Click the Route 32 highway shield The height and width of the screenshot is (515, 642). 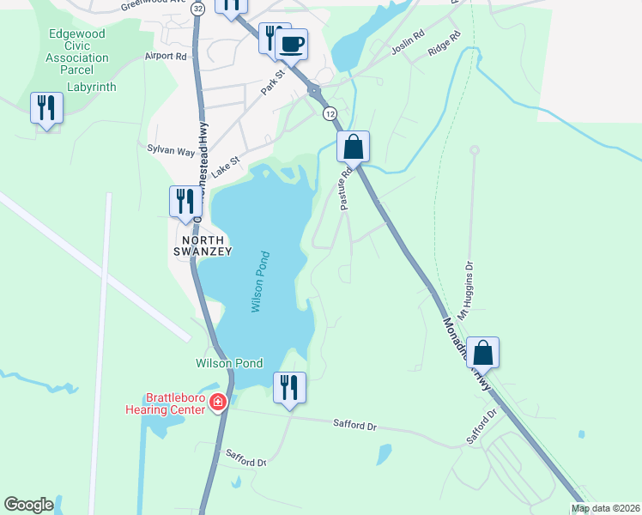tap(198, 8)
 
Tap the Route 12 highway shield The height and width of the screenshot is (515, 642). tap(329, 113)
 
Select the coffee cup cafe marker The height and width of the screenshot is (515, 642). tap(292, 44)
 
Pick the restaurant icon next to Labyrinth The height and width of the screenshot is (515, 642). tap(45, 107)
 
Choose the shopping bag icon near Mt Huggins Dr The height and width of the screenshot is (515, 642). tap(483, 352)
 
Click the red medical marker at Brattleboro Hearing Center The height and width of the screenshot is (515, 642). tap(218, 401)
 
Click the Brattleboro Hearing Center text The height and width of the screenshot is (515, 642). tap(176, 403)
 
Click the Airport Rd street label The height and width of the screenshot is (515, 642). tap(166, 57)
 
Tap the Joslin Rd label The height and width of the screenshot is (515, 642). tap(408, 45)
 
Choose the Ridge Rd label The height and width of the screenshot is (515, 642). tap(444, 45)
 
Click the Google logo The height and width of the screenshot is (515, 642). tap(28, 505)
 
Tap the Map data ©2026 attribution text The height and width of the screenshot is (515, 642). tap(606, 508)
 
